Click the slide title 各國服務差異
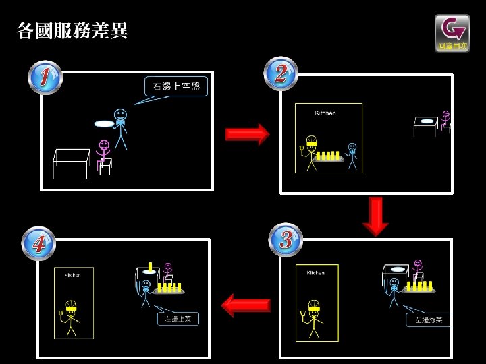click(x=72, y=31)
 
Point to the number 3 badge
click(x=286, y=239)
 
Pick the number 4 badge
click(x=38, y=243)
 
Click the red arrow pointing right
click(x=246, y=134)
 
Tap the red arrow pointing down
click(x=376, y=216)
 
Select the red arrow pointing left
click(x=246, y=305)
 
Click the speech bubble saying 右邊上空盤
click(x=176, y=87)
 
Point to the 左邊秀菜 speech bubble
click(x=428, y=320)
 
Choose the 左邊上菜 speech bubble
click(x=178, y=319)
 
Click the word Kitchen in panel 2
click(x=325, y=113)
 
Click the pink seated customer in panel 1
click(x=104, y=156)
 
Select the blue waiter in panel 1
click(x=121, y=128)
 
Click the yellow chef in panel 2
click(x=310, y=153)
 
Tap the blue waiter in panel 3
click(x=394, y=291)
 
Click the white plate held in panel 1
click(x=103, y=124)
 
